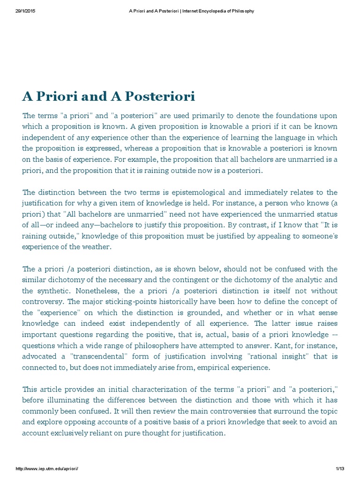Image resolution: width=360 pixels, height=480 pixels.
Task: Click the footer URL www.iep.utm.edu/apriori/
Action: pyautogui.click(x=47, y=468)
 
